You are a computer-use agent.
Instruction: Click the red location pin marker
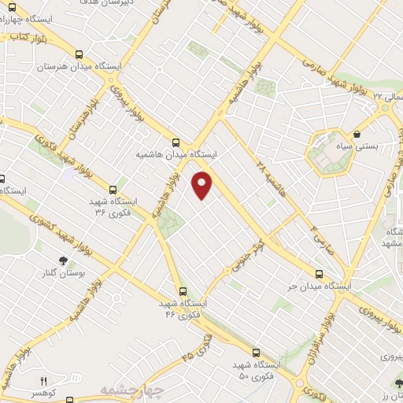coord(202,185)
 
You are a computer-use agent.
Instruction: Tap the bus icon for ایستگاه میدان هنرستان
coord(78,55)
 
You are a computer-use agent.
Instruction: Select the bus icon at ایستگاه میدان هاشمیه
coord(175,143)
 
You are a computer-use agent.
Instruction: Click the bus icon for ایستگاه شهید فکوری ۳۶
coord(113,190)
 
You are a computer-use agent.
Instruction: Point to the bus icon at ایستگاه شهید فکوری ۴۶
coord(182,290)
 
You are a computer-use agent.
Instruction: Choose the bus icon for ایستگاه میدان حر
coord(318,274)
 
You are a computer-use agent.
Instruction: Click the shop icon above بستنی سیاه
coord(358,134)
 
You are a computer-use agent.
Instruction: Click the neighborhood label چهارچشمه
coord(131,391)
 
